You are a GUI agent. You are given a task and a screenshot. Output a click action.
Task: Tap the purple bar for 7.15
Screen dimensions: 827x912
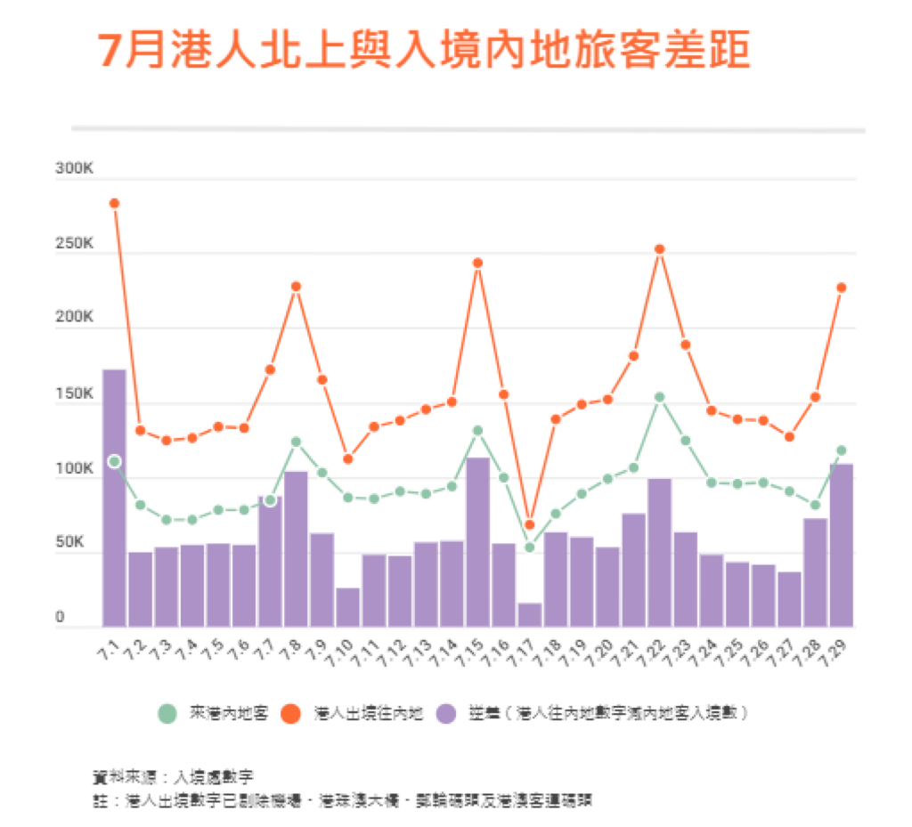tap(477, 541)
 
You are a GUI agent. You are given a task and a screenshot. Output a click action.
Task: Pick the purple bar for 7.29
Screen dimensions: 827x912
tap(841, 544)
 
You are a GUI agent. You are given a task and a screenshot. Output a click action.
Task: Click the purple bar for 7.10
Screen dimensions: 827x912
tap(347, 606)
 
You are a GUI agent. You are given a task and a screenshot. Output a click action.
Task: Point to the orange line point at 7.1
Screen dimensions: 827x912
tap(114, 203)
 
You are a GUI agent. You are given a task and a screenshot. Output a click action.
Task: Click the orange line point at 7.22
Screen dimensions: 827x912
tap(659, 249)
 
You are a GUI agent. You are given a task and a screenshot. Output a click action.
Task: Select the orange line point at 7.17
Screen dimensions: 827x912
tap(529, 524)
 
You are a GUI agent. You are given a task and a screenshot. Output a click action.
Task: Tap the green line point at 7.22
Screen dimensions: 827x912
tap(659, 397)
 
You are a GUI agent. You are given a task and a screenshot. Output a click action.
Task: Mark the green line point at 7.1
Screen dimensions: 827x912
tap(114, 461)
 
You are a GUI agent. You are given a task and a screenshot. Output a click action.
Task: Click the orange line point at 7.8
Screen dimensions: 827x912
tap(296, 286)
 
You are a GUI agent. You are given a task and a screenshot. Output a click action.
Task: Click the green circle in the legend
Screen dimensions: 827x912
tap(167, 713)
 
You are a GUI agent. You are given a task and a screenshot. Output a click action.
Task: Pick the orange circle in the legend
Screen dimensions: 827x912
tap(291, 713)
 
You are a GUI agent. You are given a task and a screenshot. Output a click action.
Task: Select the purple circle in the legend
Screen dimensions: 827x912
tap(447, 713)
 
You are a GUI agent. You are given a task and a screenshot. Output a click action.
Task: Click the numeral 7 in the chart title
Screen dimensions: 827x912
tap(108, 52)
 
